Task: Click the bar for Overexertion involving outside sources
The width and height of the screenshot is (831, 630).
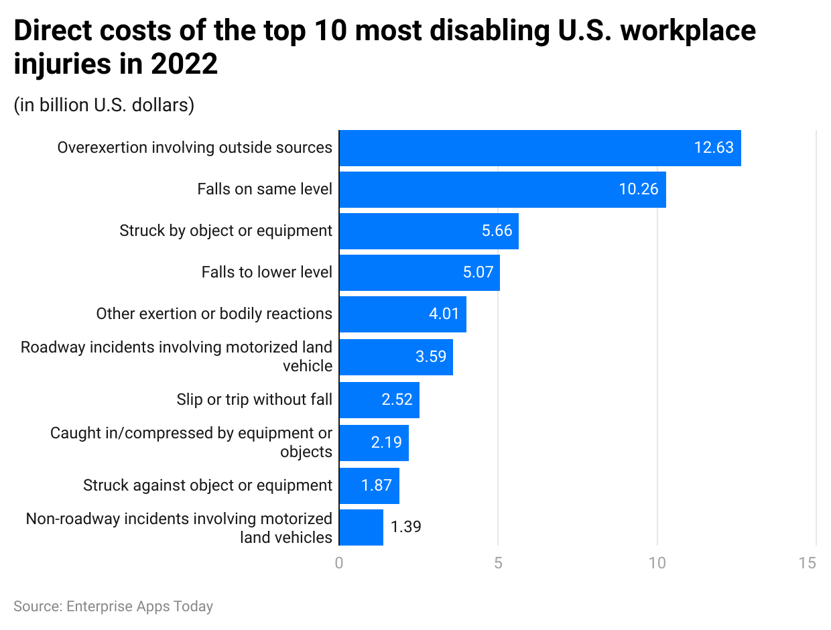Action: pyautogui.click(x=539, y=148)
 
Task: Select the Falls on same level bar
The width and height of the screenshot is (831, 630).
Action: pyautogui.click(x=502, y=190)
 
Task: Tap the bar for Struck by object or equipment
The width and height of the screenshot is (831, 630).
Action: pyautogui.click(x=428, y=231)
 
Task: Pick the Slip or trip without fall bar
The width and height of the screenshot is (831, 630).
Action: pyautogui.click(x=379, y=400)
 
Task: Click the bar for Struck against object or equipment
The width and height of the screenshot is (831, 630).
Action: pyautogui.click(x=369, y=486)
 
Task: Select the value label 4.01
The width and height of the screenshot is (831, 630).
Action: pyautogui.click(x=444, y=314)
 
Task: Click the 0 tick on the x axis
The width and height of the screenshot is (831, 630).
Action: pyautogui.click(x=339, y=563)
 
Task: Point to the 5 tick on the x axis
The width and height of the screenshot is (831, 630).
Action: pyautogui.click(x=498, y=563)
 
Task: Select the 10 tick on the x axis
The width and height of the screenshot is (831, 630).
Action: pyautogui.click(x=657, y=563)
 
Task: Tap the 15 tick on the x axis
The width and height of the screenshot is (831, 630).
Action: pyautogui.click(x=808, y=563)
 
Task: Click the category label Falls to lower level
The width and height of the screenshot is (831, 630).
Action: pyautogui.click(x=267, y=273)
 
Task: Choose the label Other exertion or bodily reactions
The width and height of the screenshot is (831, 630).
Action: pyautogui.click(x=214, y=314)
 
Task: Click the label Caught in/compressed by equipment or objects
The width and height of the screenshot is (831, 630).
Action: pyautogui.click(x=191, y=442)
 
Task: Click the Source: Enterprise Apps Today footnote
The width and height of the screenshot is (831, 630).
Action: pyautogui.click(x=113, y=607)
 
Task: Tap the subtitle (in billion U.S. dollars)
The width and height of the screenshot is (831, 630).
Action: pyautogui.click(x=104, y=106)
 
